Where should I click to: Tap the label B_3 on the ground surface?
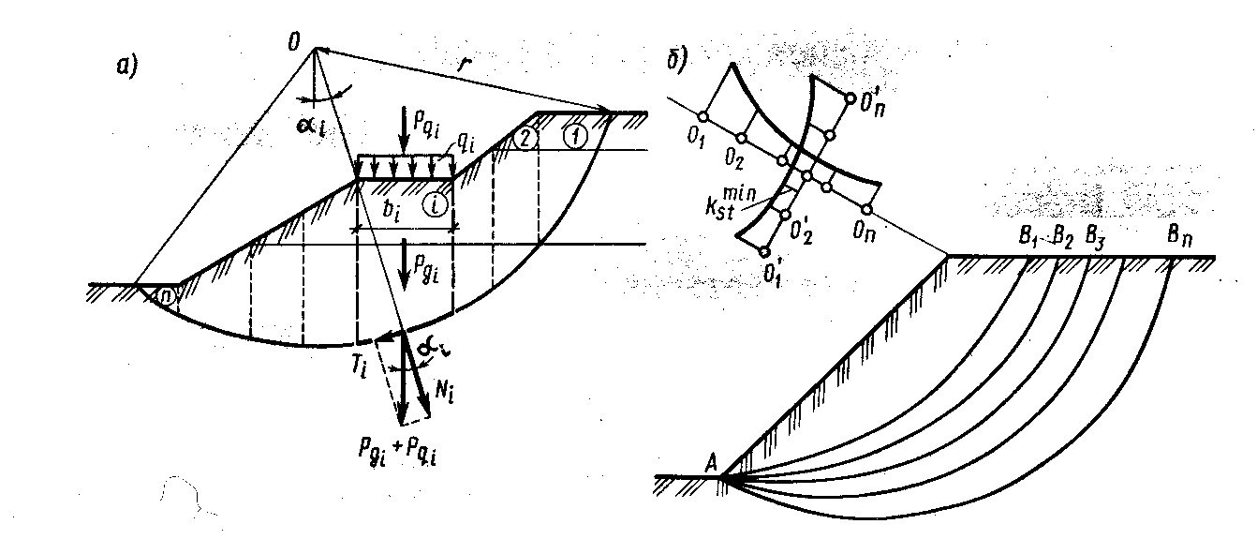(1093, 237)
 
